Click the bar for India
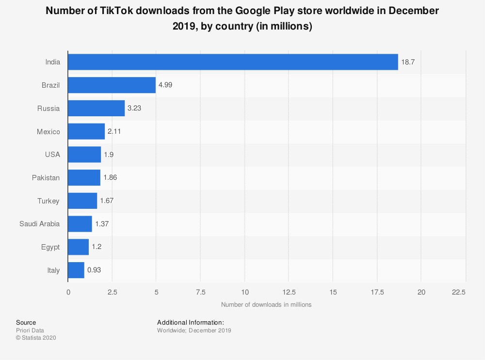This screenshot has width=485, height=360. [x=233, y=62]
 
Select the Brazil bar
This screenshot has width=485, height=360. [x=112, y=85]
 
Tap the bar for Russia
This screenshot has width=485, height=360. [x=96, y=109]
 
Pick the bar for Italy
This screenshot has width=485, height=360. [x=76, y=270]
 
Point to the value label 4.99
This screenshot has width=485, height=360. [x=165, y=85]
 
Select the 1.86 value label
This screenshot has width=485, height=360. [x=110, y=178]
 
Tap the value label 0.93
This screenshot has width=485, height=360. [x=94, y=270]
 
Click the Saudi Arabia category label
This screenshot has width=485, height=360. [x=40, y=224]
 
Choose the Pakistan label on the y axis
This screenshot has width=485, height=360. [x=46, y=178]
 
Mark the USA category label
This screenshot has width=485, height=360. [x=52, y=155]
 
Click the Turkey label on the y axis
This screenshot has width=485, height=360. [x=48, y=201]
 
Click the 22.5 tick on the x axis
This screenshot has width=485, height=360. [x=459, y=292]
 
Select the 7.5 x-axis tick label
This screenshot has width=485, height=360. [x=200, y=292]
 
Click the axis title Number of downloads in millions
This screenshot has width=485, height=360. [x=266, y=305]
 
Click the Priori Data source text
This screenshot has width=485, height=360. [x=30, y=330]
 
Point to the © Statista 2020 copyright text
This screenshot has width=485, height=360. [x=36, y=338]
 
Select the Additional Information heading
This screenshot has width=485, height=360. [x=191, y=322]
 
